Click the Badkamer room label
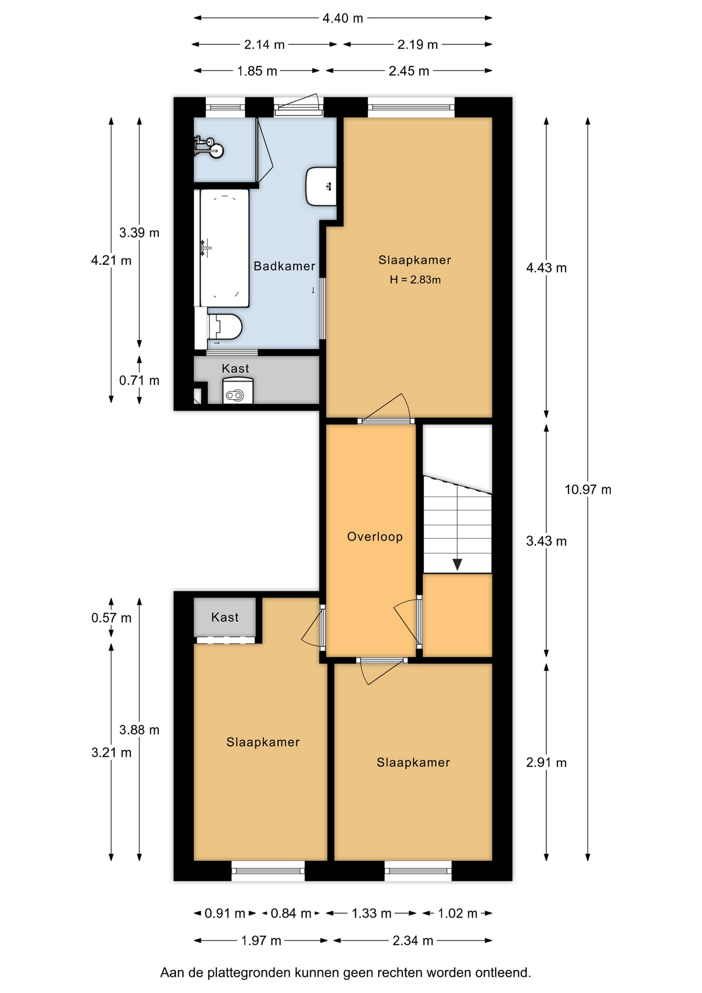pos(284,266)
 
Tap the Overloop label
pos(375,536)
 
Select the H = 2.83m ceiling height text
pos(415,280)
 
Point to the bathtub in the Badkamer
pos(224,248)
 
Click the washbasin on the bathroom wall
pos(321,186)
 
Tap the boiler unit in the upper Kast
pos(238,390)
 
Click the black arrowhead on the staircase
pos(457,564)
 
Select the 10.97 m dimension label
pos(588,489)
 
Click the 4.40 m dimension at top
pos(343,18)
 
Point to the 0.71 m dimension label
pos(139,380)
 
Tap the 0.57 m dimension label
pos(111,618)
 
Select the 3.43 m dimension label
pos(546,541)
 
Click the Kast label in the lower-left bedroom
pos(225,617)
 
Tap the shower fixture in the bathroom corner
pos(209,147)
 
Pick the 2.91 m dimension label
pos(546,762)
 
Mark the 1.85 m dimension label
pos(257,71)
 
